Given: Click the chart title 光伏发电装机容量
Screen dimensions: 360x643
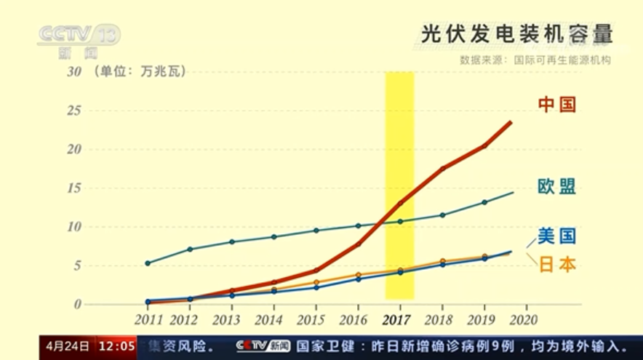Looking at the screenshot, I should [516, 33].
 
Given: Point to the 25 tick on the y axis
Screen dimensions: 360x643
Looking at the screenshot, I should [73, 111].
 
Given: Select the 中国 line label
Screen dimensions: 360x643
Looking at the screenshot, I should [557, 105].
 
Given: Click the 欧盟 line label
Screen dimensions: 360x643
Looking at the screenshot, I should [557, 187].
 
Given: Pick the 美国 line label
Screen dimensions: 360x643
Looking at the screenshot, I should [557, 236].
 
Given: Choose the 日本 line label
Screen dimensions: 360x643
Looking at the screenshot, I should [557, 265].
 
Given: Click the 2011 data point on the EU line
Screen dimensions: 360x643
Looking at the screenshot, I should [148, 263].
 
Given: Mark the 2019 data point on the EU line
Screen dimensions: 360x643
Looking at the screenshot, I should [484, 202].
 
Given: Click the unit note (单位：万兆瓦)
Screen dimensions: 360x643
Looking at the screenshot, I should [139, 71].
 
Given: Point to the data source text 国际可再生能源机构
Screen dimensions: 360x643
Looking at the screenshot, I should [562, 60].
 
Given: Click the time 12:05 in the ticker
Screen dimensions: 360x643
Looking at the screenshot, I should [117, 345].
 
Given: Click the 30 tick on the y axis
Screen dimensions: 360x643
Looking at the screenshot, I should [73, 71].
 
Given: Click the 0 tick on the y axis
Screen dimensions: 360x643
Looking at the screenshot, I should [77, 304].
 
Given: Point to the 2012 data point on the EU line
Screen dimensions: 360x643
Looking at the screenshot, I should [190, 249].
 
